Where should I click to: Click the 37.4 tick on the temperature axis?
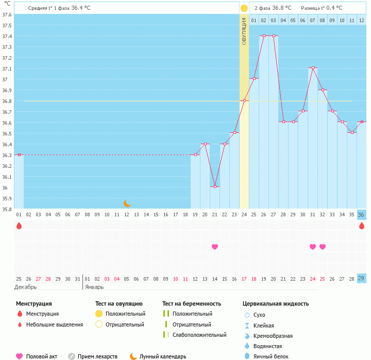pyautogui.click(x=7, y=36)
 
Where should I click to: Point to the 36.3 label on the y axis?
pyautogui.click(x=7, y=155)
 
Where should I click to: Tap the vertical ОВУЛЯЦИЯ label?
pyautogui.click(x=244, y=31)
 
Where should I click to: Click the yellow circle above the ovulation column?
pyautogui.click(x=244, y=8)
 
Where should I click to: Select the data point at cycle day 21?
pyautogui.click(x=215, y=187)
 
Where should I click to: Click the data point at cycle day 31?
pyautogui.click(x=313, y=68)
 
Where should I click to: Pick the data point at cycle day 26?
pyautogui.click(x=264, y=36)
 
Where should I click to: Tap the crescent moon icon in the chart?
pyautogui.click(x=127, y=203)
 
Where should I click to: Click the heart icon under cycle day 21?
pyautogui.click(x=215, y=247)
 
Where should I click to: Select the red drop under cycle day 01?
pyautogui.click(x=19, y=226)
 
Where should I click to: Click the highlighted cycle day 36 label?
pyautogui.click(x=362, y=215)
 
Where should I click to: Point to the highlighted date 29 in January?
pyautogui.click(x=362, y=279)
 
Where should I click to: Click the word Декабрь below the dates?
pyautogui.click(x=25, y=287)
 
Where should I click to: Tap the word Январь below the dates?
pyautogui.click(x=94, y=287)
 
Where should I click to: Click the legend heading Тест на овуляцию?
pyautogui.click(x=119, y=304)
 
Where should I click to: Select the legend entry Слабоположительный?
pyautogui.click(x=199, y=335)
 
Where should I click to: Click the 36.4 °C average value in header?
pyautogui.click(x=80, y=8)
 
